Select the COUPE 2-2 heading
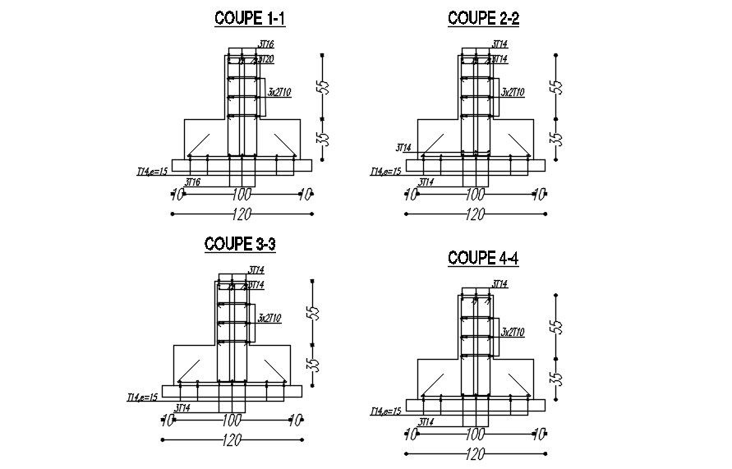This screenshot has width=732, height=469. click(x=483, y=17)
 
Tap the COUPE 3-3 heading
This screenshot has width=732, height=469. click(x=239, y=244)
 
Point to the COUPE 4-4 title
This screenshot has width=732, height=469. click(x=483, y=258)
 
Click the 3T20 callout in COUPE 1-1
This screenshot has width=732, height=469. click(x=265, y=60)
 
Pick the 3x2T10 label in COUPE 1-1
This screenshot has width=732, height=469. click(x=279, y=93)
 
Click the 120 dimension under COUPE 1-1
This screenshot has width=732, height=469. click(x=242, y=215)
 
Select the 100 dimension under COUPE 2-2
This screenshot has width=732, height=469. click(x=474, y=195)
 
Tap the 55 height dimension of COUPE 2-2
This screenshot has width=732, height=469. click(x=557, y=86)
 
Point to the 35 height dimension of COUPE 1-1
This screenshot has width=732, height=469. click(x=324, y=138)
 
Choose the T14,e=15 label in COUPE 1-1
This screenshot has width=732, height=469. click(x=153, y=172)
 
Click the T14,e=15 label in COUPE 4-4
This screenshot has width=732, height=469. click(x=385, y=411)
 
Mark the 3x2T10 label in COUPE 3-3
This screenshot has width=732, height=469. click(x=269, y=318)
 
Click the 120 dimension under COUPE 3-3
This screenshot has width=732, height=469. click(x=232, y=441)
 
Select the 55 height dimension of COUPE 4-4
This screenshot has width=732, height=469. click(x=557, y=325)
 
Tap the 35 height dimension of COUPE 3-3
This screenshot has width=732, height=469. click(x=312, y=364)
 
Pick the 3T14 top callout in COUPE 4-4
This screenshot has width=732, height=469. click(x=500, y=284)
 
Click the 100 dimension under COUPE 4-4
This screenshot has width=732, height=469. click(x=474, y=434)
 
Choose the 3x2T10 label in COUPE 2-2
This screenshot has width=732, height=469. click(x=513, y=93)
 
